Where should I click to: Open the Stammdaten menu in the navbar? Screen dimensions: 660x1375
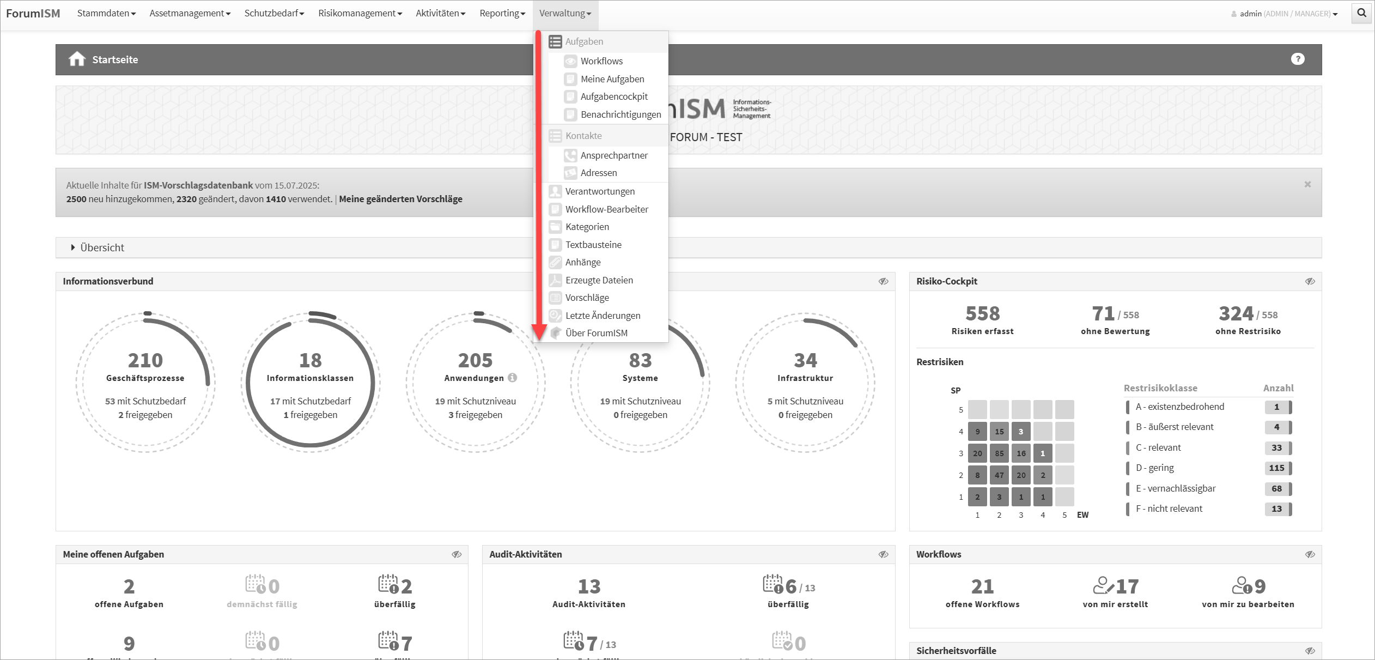click(106, 13)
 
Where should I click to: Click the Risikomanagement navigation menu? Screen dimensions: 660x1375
click(360, 13)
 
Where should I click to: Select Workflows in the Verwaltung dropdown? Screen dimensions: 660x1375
click(601, 61)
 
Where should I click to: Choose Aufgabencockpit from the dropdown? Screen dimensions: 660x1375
click(614, 96)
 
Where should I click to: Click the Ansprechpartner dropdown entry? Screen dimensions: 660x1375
click(614, 155)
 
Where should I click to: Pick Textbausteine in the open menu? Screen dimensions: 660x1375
click(593, 245)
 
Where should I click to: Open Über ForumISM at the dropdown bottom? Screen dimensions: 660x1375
click(596, 333)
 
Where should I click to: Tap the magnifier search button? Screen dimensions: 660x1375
click(1361, 13)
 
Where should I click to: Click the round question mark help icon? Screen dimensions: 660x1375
click(1298, 59)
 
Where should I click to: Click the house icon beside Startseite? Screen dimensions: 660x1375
click(77, 59)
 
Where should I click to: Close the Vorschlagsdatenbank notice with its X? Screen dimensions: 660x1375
click(1307, 184)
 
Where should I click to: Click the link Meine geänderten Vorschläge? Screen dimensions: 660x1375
click(400, 199)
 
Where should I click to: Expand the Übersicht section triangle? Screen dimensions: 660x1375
click(73, 247)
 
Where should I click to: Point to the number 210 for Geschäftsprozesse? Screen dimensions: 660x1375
click(145, 360)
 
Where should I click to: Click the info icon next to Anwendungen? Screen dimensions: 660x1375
click(513, 377)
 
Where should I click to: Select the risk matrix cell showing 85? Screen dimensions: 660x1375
click(999, 453)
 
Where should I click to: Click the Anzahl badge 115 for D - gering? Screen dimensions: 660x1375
click(1276, 468)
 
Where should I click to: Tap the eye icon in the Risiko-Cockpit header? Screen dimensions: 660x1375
click(1310, 281)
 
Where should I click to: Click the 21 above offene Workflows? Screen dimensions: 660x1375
click(982, 586)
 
